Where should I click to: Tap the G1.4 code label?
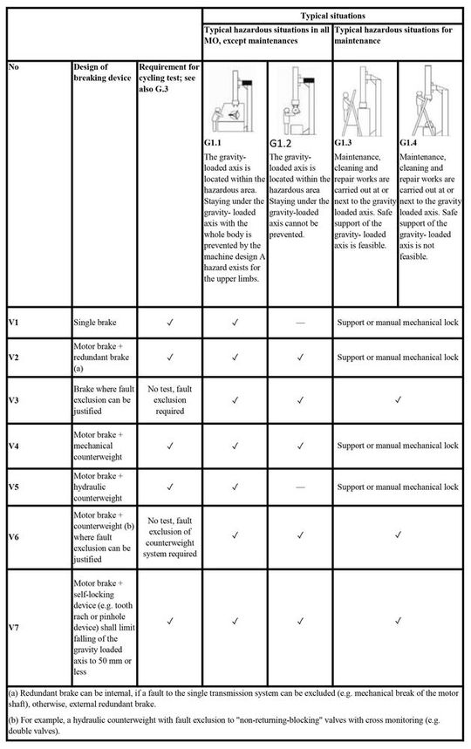point(412,141)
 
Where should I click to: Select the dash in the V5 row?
point(300,485)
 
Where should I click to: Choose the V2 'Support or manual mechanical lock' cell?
point(398,357)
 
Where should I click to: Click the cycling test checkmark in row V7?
point(170,622)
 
